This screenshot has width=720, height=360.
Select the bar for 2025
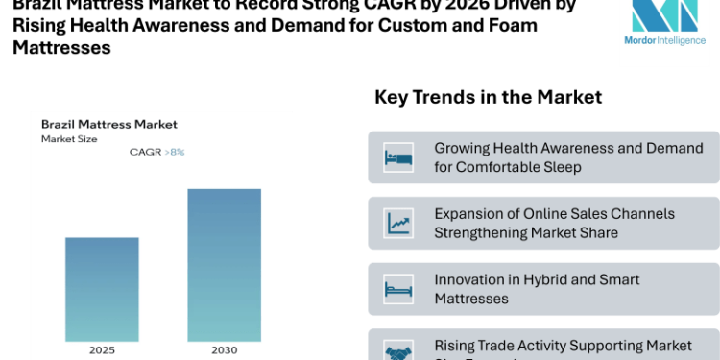(102, 288)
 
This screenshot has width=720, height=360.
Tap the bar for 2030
(224, 264)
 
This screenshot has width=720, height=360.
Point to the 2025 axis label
(102, 350)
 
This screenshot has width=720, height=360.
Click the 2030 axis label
(224, 350)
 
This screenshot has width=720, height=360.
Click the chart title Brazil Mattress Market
(108, 125)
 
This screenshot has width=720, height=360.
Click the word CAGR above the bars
(145, 152)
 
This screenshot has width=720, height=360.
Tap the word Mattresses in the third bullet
(471, 299)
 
